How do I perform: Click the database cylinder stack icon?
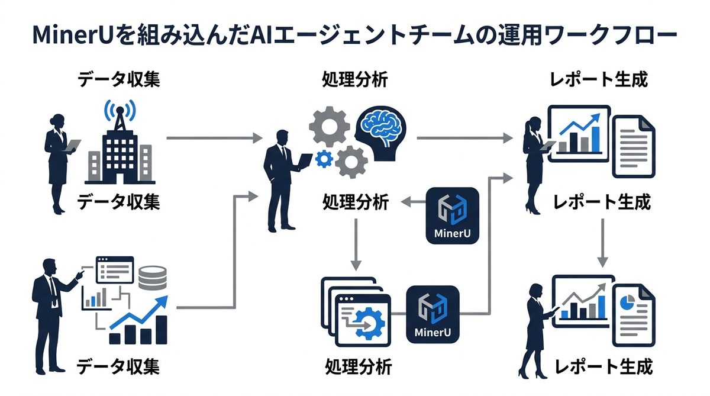[152, 278]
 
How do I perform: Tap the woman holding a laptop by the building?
[59, 160]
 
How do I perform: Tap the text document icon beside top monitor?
[633, 145]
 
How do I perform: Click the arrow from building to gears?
[213, 138]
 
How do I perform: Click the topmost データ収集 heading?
[119, 79]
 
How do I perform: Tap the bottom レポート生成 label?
[602, 366]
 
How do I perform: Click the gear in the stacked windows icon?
[368, 324]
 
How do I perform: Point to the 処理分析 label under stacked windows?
[358, 366]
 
